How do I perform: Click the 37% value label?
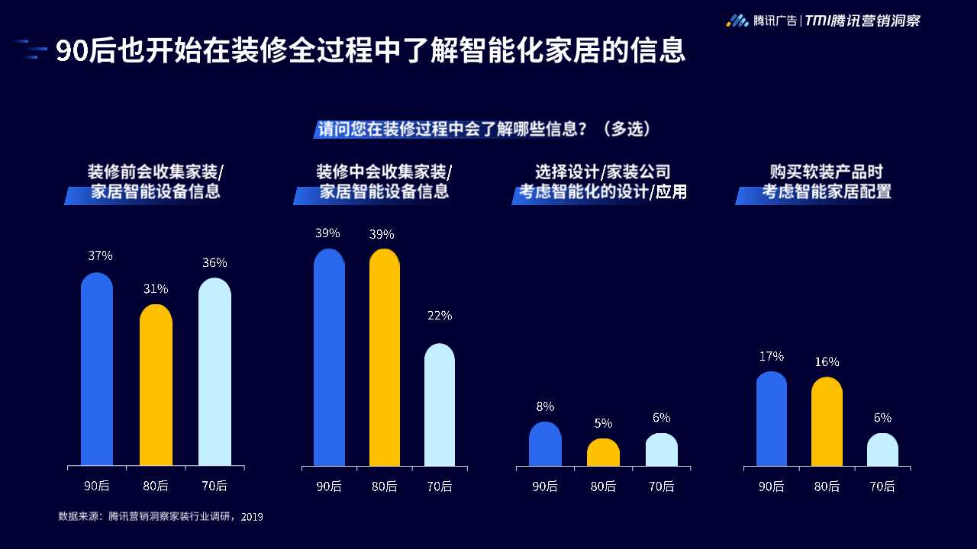tap(100, 256)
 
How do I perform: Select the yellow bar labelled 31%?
tap(156, 385)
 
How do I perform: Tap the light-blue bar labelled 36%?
tap(214, 371)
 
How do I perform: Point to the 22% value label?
tap(440, 316)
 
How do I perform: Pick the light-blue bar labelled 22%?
tap(440, 405)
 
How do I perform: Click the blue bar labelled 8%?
tap(545, 444)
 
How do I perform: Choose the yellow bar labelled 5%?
tap(603, 452)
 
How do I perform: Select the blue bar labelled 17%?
tap(772, 419)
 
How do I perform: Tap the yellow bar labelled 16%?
tap(827, 422)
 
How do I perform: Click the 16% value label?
tap(827, 361)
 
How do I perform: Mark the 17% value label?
tap(772, 356)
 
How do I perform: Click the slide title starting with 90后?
tap(370, 51)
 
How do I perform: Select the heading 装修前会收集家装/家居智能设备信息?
tap(156, 181)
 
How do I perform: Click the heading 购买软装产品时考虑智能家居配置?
tap(826, 181)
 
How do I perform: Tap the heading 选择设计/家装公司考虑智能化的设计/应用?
tap(603, 181)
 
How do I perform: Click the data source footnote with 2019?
tap(161, 516)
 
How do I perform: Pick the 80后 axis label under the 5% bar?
tap(603, 486)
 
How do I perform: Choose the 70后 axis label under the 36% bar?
tap(214, 486)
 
